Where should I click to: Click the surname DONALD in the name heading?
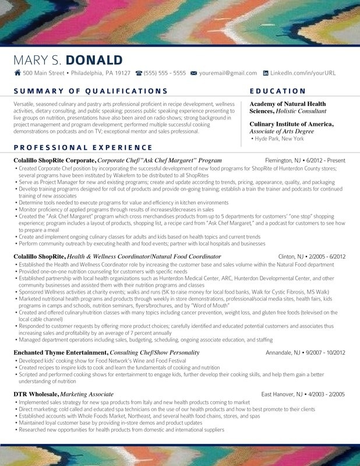click(94, 60)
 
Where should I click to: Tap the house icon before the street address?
click(17, 73)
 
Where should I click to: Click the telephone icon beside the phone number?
click(139, 73)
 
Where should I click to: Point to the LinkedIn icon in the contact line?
click(266, 73)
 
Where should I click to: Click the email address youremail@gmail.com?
click(228, 73)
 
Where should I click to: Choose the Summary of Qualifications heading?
click(90, 91)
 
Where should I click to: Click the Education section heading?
click(277, 91)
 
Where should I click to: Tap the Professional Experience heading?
click(83, 147)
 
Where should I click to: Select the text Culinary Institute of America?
click(291, 124)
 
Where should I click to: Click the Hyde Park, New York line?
click(278, 139)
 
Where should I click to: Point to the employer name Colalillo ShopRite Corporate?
click(54, 160)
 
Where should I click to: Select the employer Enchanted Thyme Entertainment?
click(61, 353)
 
